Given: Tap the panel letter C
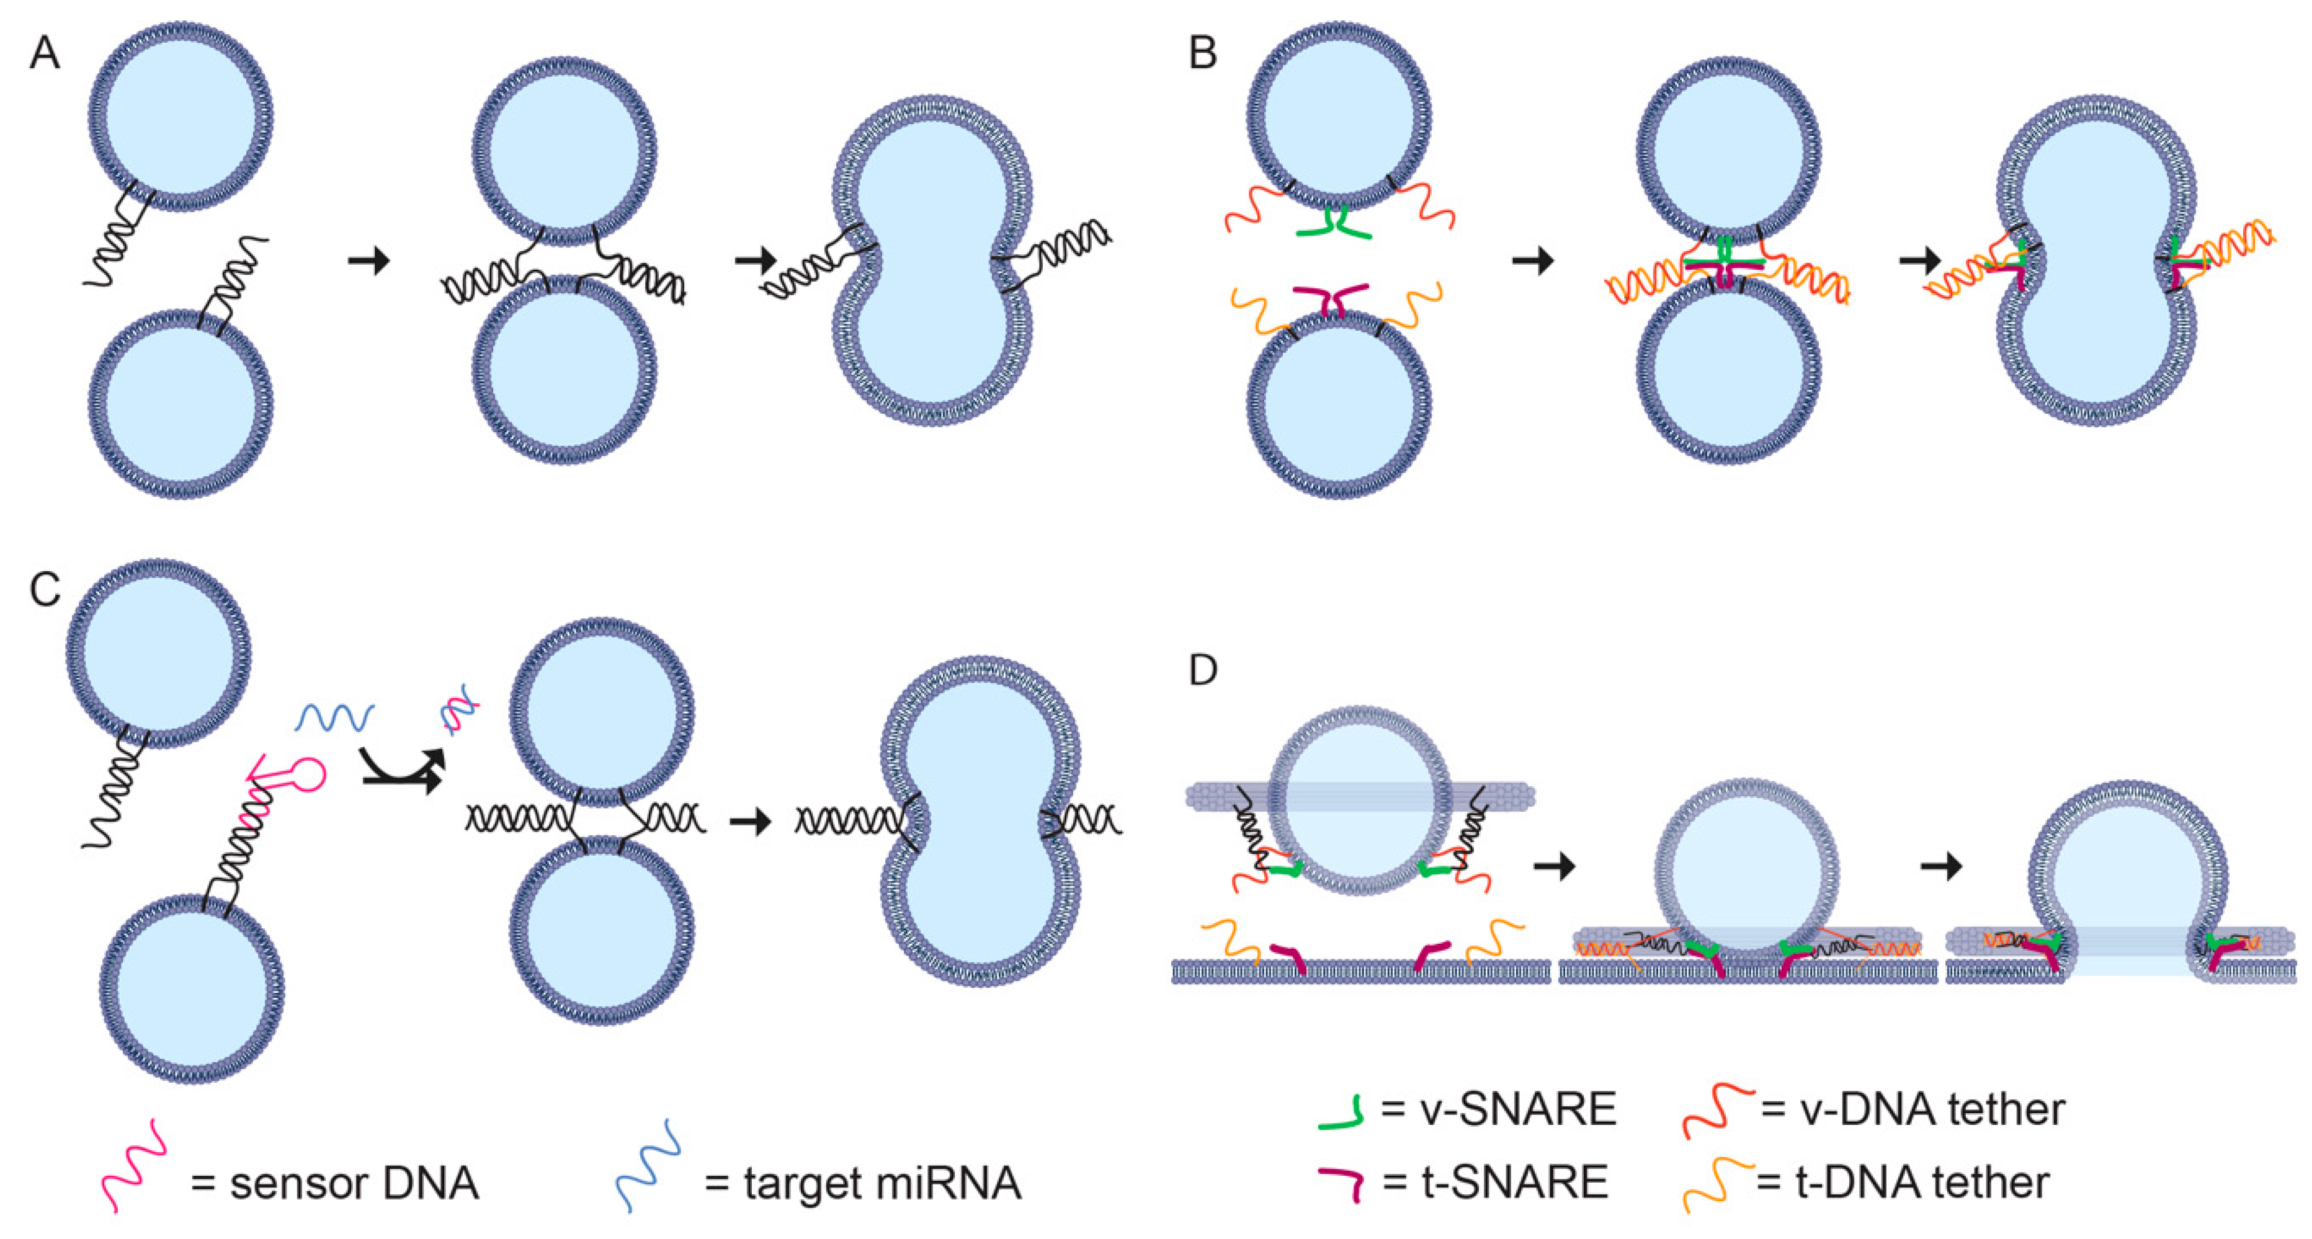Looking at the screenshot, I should [45, 590].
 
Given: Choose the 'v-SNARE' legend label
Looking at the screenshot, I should [1517, 1110].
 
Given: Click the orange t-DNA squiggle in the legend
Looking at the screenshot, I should [1716, 1184].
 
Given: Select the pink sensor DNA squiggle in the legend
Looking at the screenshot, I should [135, 1166].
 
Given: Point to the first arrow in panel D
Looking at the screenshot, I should [1555, 867].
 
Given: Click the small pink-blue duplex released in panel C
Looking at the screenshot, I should [458, 715].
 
